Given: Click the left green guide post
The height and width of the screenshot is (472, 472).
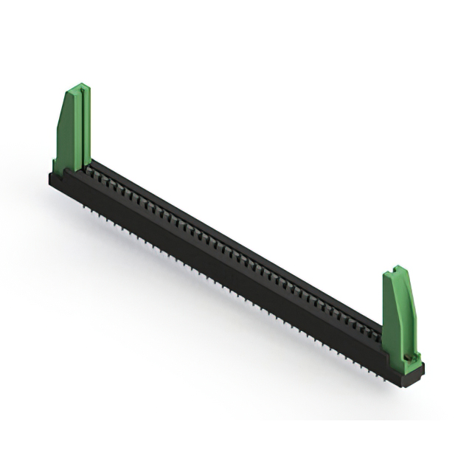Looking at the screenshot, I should [74, 129].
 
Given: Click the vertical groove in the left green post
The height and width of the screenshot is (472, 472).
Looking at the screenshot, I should [86, 125].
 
